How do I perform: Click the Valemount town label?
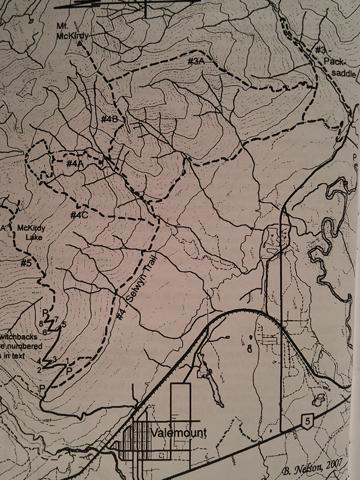(x=179, y=433)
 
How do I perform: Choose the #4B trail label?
(x=109, y=119)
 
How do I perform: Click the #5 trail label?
(x=26, y=263)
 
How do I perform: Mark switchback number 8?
(x=41, y=323)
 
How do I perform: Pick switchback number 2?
(x=39, y=370)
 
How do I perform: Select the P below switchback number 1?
(x=69, y=371)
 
